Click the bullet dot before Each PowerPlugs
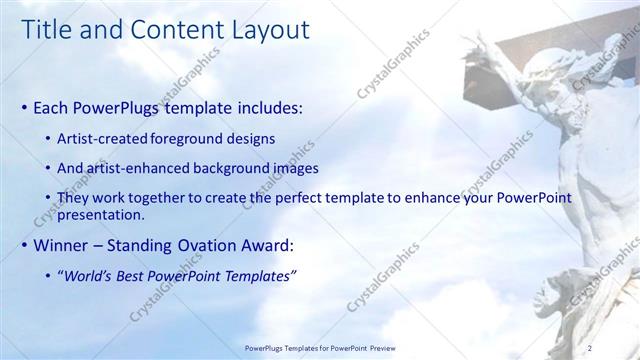coord(25,106)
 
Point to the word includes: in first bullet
coord(267,106)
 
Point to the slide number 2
coord(590,347)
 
